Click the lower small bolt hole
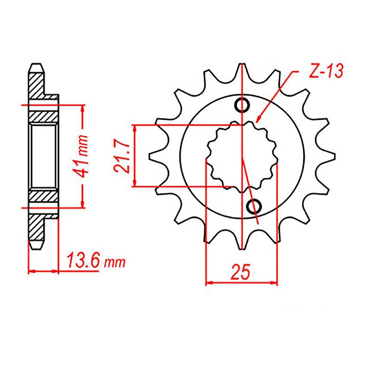[x=254, y=207]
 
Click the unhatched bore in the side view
[x=44, y=156]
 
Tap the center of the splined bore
[x=242, y=156]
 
